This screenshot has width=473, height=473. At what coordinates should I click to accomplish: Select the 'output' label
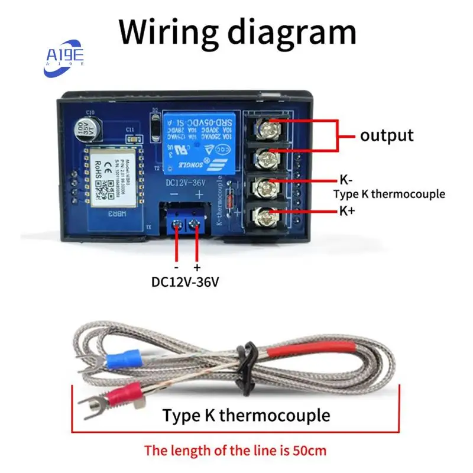387,135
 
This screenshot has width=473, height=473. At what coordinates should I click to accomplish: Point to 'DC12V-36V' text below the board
185,282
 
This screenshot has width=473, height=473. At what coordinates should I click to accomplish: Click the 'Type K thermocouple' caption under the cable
246,415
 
